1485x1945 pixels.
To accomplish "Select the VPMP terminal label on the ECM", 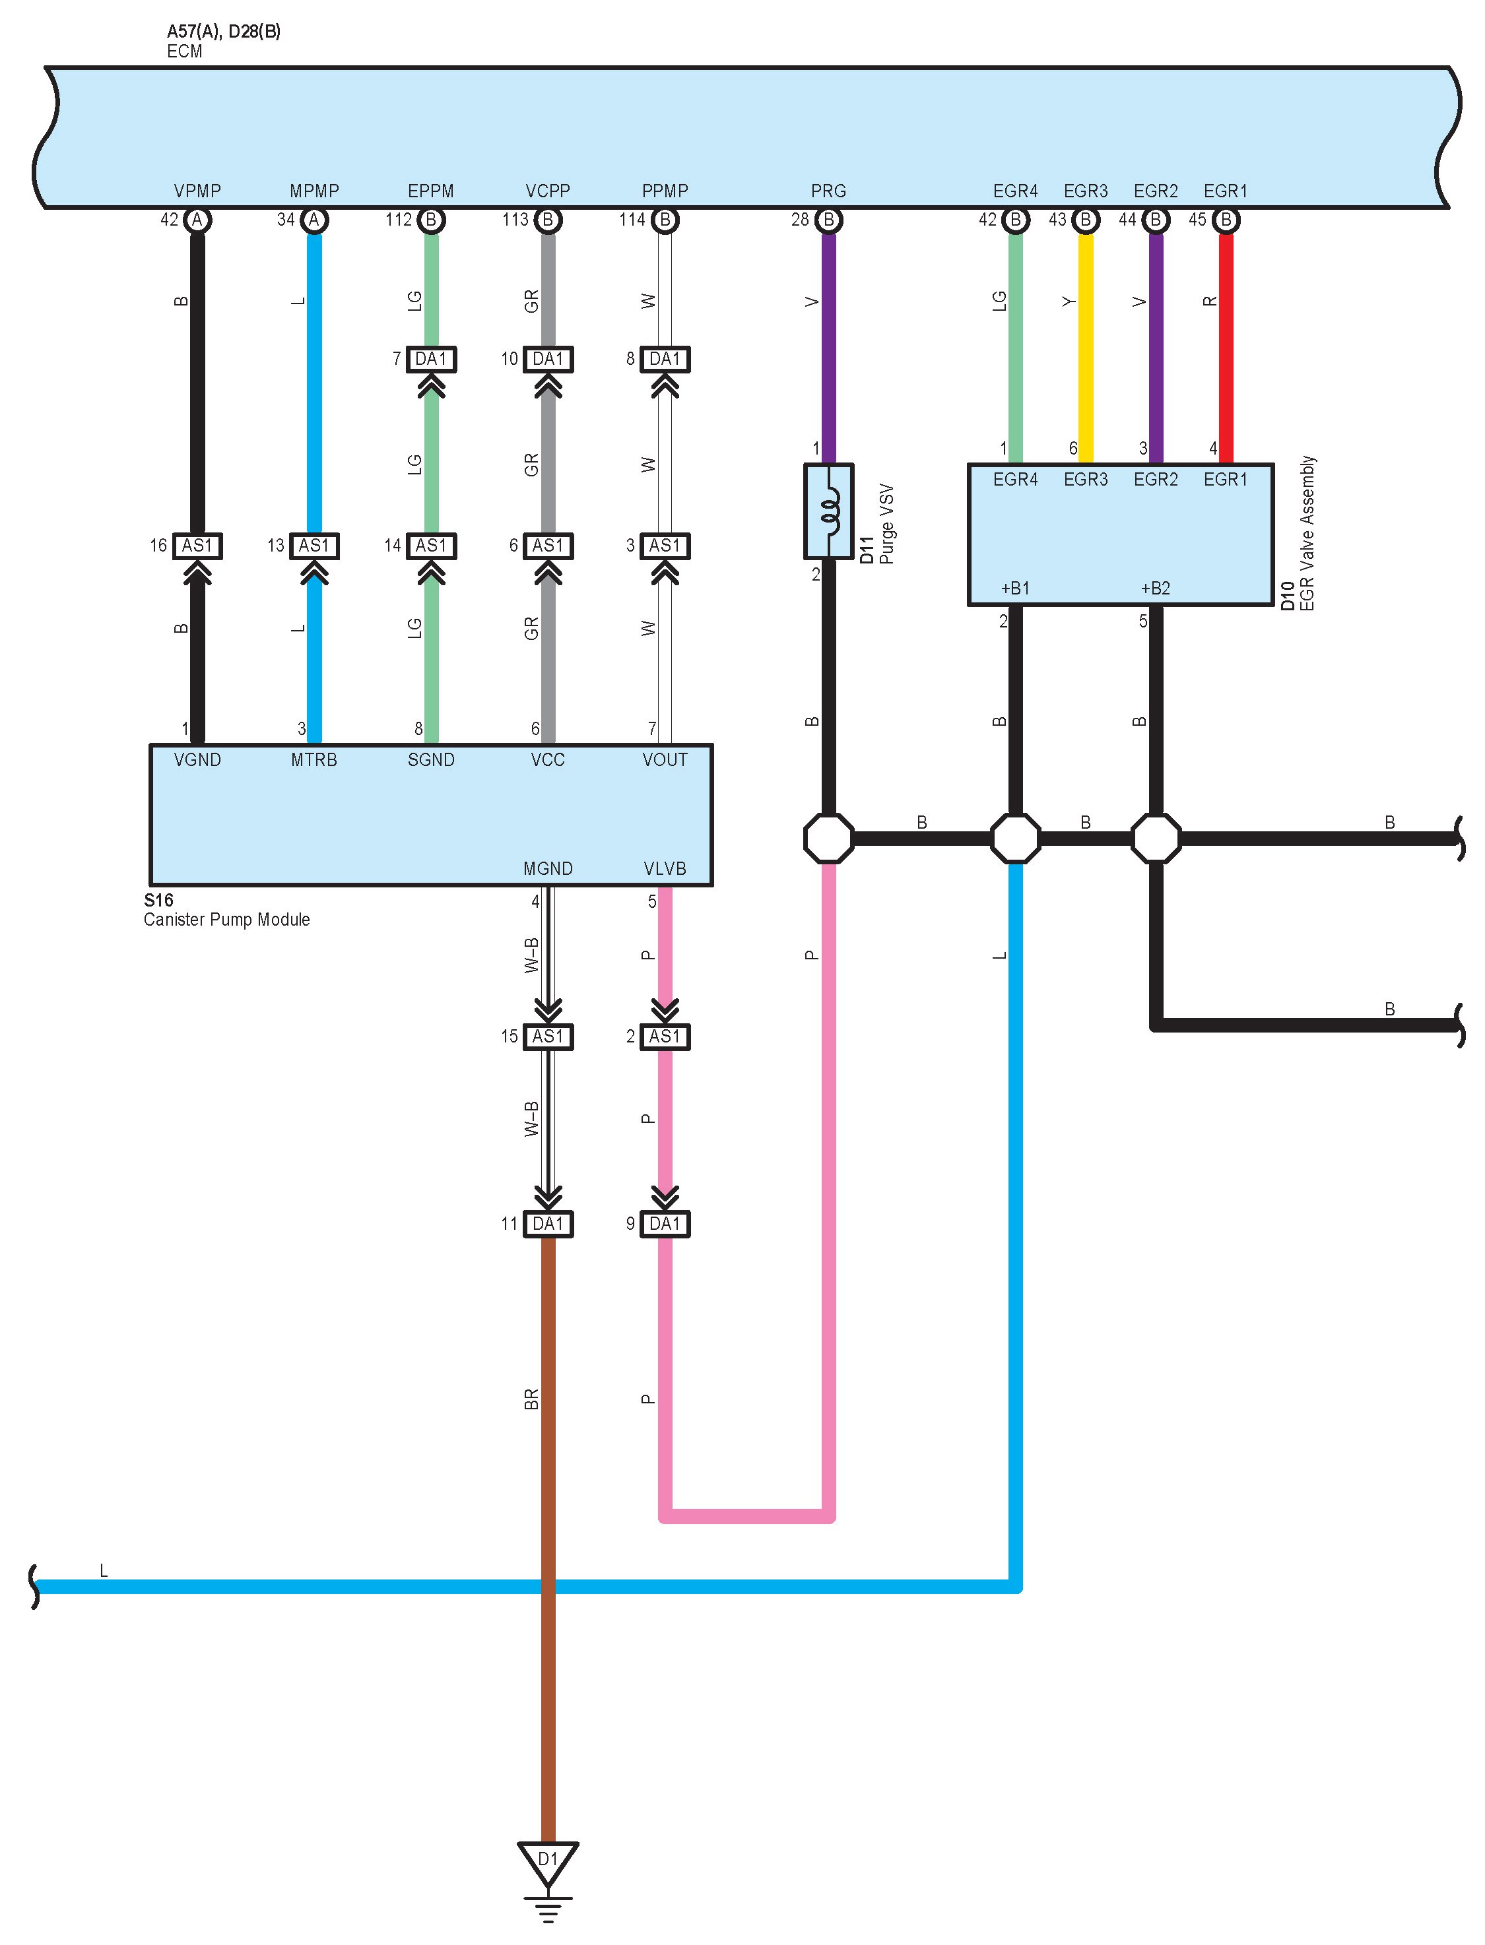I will click(x=197, y=191).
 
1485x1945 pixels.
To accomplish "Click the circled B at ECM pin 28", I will click(x=828, y=220).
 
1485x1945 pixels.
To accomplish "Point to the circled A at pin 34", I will click(x=313, y=220).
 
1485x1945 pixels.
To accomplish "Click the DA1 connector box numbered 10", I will click(x=548, y=359).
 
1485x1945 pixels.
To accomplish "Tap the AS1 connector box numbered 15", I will click(x=548, y=1036).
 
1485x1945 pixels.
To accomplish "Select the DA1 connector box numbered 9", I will click(x=665, y=1223).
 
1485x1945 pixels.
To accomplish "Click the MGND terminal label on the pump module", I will click(x=548, y=869).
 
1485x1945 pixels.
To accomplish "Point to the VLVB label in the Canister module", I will click(x=665, y=869).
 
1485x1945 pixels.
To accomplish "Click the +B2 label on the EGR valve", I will click(x=1154, y=589).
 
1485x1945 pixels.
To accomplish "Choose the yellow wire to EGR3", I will click(x=1086, y=344).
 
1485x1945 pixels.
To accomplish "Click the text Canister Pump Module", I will click(x=226, y=919).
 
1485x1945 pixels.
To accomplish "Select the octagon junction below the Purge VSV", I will click(x=828, y=838).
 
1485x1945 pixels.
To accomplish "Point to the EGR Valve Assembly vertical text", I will click(x=1307, y=533).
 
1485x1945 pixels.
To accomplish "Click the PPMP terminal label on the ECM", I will click(x=665, y=191).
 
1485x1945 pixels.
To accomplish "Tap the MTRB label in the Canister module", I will click(x=313, y=760).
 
